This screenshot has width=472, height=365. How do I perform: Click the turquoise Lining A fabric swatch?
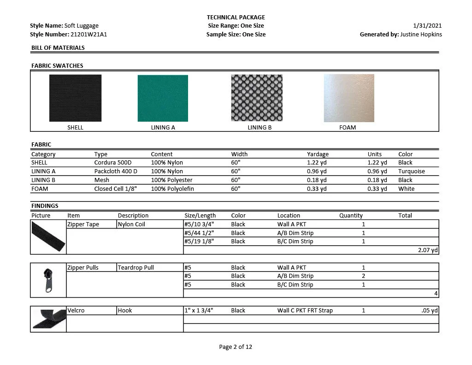tap(163, 98)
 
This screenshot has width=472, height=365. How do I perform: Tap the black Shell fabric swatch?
tap(75, 98)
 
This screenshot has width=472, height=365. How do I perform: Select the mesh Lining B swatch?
tap(257, 98)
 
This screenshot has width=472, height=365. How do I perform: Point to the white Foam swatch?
tap(349, 98)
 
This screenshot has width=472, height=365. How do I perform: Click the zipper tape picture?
tap(49, 237)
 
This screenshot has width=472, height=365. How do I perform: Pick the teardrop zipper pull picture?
tap(48, 280)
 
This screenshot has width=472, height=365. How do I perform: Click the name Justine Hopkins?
tap(421, 34)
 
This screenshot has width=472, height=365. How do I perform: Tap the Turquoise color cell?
tap(412, 171)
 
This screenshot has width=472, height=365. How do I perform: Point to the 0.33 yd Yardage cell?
tap(317, 189)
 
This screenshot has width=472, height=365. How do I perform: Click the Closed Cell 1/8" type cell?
tap(116, 189)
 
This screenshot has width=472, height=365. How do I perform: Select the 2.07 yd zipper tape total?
tap(428, 250)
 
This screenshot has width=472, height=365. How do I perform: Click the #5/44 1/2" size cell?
tap(199, 233)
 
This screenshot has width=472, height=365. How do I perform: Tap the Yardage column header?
tap(318, 154)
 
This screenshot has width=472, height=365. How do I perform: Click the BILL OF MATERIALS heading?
tap(58, 48)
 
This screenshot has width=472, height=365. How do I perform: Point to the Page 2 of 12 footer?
tap(236, 347)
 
